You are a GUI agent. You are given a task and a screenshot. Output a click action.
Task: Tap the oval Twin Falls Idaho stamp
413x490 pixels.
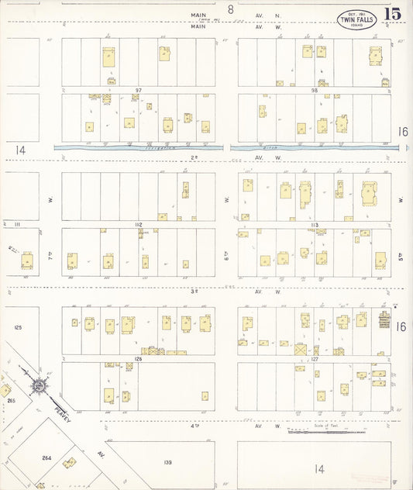click(x=356, y=19)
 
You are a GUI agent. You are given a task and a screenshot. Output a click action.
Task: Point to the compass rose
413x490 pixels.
click(x=38, y=385)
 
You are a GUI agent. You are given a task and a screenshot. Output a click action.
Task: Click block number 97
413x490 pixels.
click(x=139, y=91)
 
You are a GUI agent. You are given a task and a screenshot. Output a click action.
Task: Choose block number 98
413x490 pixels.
click(x=315, y=91)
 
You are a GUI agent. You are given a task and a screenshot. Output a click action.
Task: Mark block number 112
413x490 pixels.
click(x=139, y=225)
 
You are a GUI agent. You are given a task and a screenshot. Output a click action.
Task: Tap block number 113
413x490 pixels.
click(x=315, y=225)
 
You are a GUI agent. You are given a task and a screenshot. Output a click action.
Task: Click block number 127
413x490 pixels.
click(x=315, y=358)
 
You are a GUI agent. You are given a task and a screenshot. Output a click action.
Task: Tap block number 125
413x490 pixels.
click(x=18, y=328)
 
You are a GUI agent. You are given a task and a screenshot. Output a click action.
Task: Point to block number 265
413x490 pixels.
click(x=11, y=401)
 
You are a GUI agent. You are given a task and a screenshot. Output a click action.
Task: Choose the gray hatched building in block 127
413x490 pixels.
click(x=383, y=319)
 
